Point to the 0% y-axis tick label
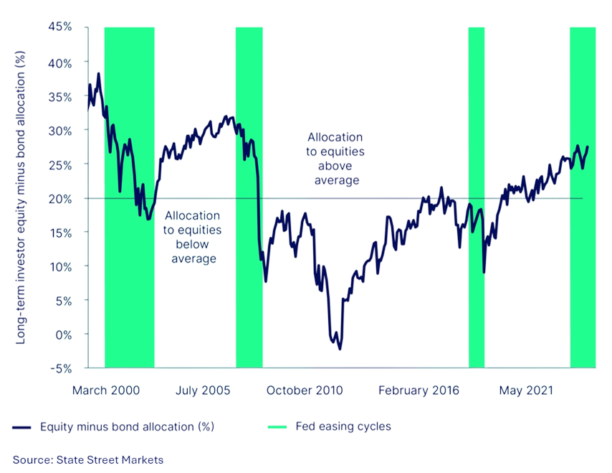[64, 334]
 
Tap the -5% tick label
[62, 368]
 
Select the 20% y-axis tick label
[62, 198]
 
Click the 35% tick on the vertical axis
[62, 96]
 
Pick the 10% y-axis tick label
[62, 266]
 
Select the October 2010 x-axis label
[305, 390]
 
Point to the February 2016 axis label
[419, 390]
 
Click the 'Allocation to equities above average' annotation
[335, 159]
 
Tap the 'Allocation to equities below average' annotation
[193, 237]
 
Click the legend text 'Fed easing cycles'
[343, 426]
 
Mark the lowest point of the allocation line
[340, 350]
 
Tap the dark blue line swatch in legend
[22, 427]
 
